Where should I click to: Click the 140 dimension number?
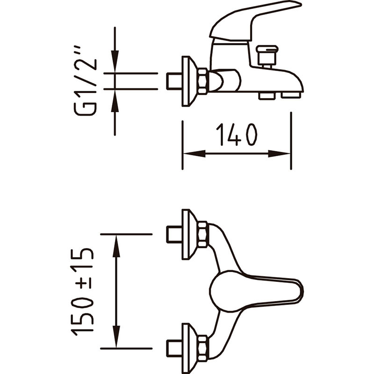pos(237,134)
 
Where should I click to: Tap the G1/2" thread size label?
pos(86,81)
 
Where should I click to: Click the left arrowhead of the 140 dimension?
pos(194,153)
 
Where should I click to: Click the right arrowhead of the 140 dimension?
pos(279,154)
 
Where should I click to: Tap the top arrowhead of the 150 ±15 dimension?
pos(116,246)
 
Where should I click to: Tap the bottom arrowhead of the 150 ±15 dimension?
pos(116,336)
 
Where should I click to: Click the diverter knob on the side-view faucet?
pos(267,57)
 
